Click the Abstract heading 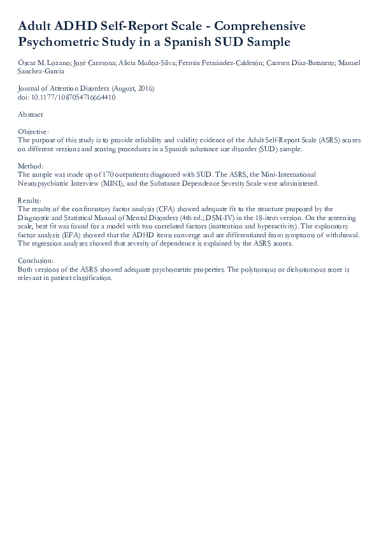coord(31,115)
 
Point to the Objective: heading coord(33,131)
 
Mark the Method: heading coord(31,166)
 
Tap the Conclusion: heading coord(36,261)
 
